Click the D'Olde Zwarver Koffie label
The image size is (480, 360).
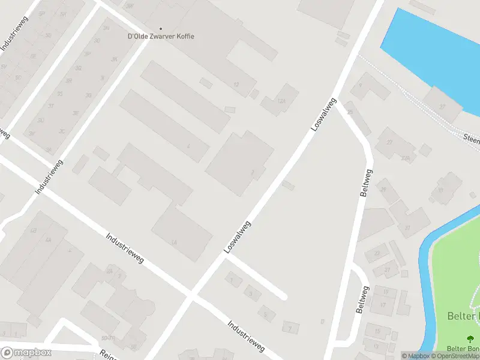[161, 36]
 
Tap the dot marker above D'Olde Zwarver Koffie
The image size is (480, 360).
[160, 28]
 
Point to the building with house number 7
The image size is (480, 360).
[290, 328]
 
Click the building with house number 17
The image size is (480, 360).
[383, 304]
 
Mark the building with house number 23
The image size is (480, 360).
[376, 253]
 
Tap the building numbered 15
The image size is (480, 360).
[377, 331]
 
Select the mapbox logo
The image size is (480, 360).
[26, 353]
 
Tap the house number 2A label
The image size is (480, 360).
[109, 271]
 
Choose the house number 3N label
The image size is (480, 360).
[106, 28]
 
